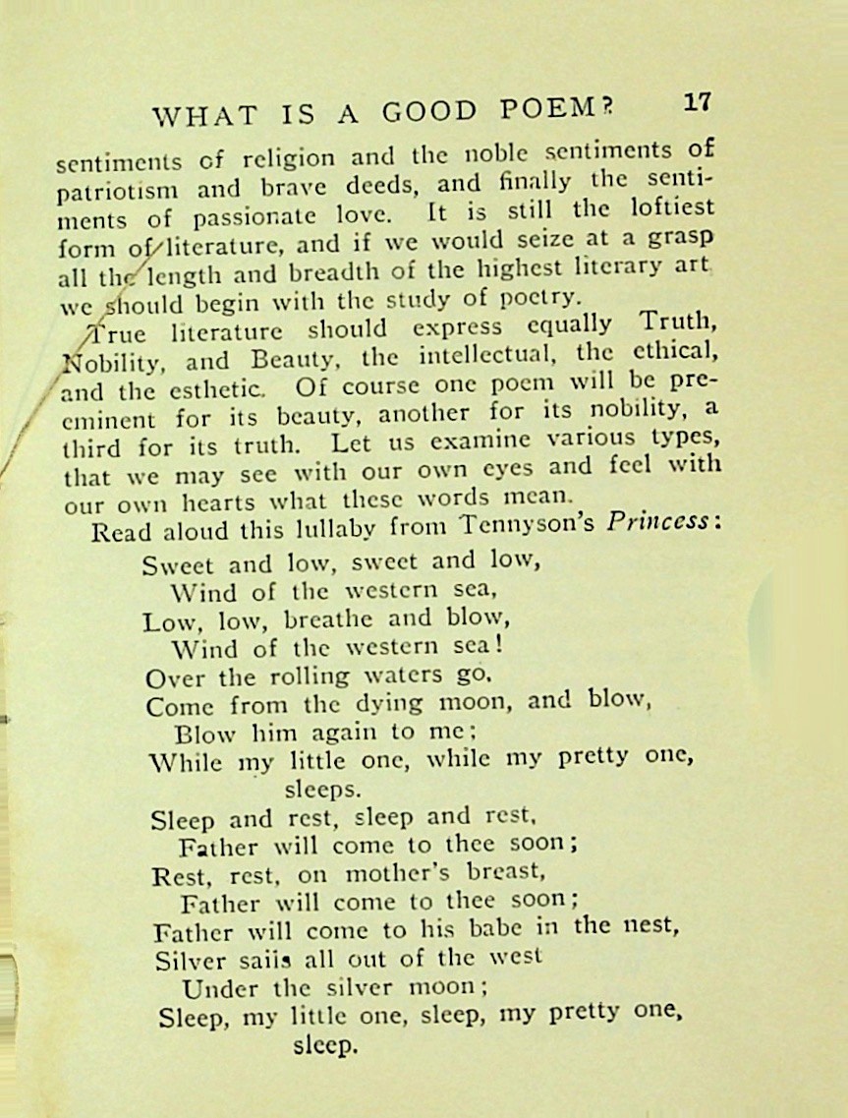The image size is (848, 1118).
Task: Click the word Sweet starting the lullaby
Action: (180, 565)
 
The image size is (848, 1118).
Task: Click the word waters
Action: (403, 677)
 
